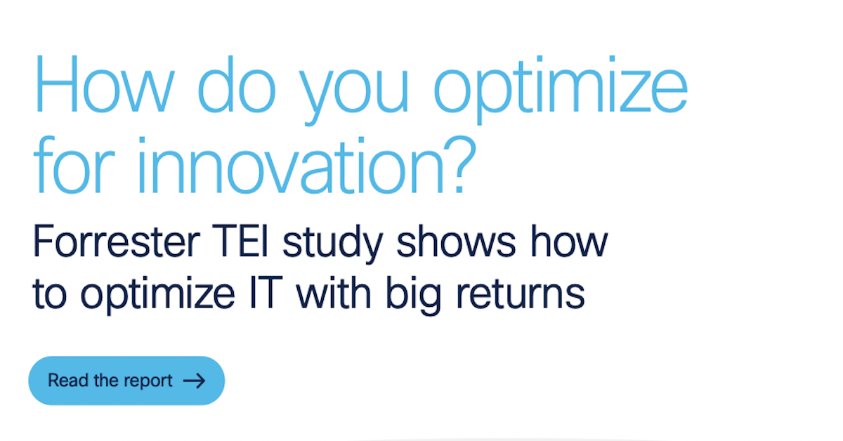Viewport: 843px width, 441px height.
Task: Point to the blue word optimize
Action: [x=560, y=88]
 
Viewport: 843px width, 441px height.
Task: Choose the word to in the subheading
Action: [x=49, y=294]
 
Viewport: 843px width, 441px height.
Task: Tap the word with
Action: [x=336, y=293]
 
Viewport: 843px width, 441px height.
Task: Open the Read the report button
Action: [x=126, y=381]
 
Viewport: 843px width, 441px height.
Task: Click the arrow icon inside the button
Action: [x=194, y=381]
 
